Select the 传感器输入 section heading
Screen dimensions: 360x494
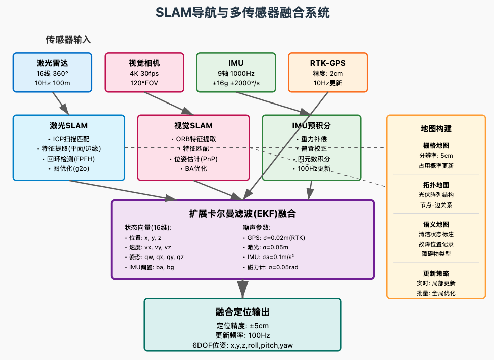tap(68, 40)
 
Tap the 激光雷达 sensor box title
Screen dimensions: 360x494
tap(52, 63)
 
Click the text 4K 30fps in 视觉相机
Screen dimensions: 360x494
tap(144, 73)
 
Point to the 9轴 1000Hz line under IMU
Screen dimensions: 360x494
tap(236, 73)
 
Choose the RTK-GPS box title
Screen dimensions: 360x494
tap(328, 63)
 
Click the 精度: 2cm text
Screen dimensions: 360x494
tap(328, 73)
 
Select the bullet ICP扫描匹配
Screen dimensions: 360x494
tap(69, 139)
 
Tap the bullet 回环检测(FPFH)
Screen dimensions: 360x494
tap(69, 159)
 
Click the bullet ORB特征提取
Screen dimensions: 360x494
tap(193, 139)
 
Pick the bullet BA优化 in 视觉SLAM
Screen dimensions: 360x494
tap(193, 169)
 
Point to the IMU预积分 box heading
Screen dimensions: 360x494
tap(311, 125)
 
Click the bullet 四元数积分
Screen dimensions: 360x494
tap(311, 159)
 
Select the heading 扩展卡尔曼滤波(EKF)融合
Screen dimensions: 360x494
tap(242, 214)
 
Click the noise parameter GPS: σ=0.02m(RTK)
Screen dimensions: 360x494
tap(274, 238)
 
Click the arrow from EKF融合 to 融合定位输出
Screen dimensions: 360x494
tap(242, 289)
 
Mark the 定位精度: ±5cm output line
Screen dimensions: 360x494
tap(242, 326)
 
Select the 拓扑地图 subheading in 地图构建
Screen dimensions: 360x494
tap(435, 185)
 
